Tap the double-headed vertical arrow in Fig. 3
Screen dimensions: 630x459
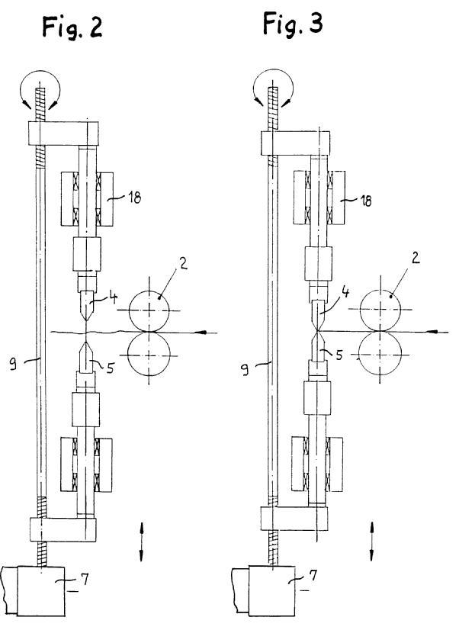tap(372, 541)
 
